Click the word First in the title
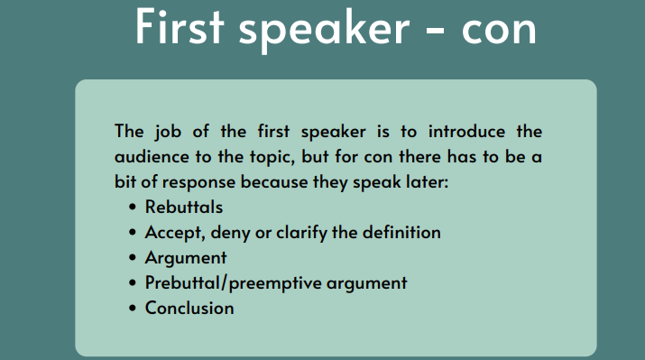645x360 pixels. (180, 26)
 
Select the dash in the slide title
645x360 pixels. (435, 32)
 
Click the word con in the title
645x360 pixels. (499, 32)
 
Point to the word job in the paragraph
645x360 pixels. (168, 133)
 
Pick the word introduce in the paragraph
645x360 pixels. (466, 132)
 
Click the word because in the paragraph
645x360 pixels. (274, 182)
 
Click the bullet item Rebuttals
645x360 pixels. (184, 207)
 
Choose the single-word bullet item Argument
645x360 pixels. (186, 259)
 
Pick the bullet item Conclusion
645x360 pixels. (189, 309)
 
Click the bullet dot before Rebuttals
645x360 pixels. (132, 207)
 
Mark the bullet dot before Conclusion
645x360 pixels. (132, 309)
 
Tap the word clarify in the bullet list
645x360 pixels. (301, 234)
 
